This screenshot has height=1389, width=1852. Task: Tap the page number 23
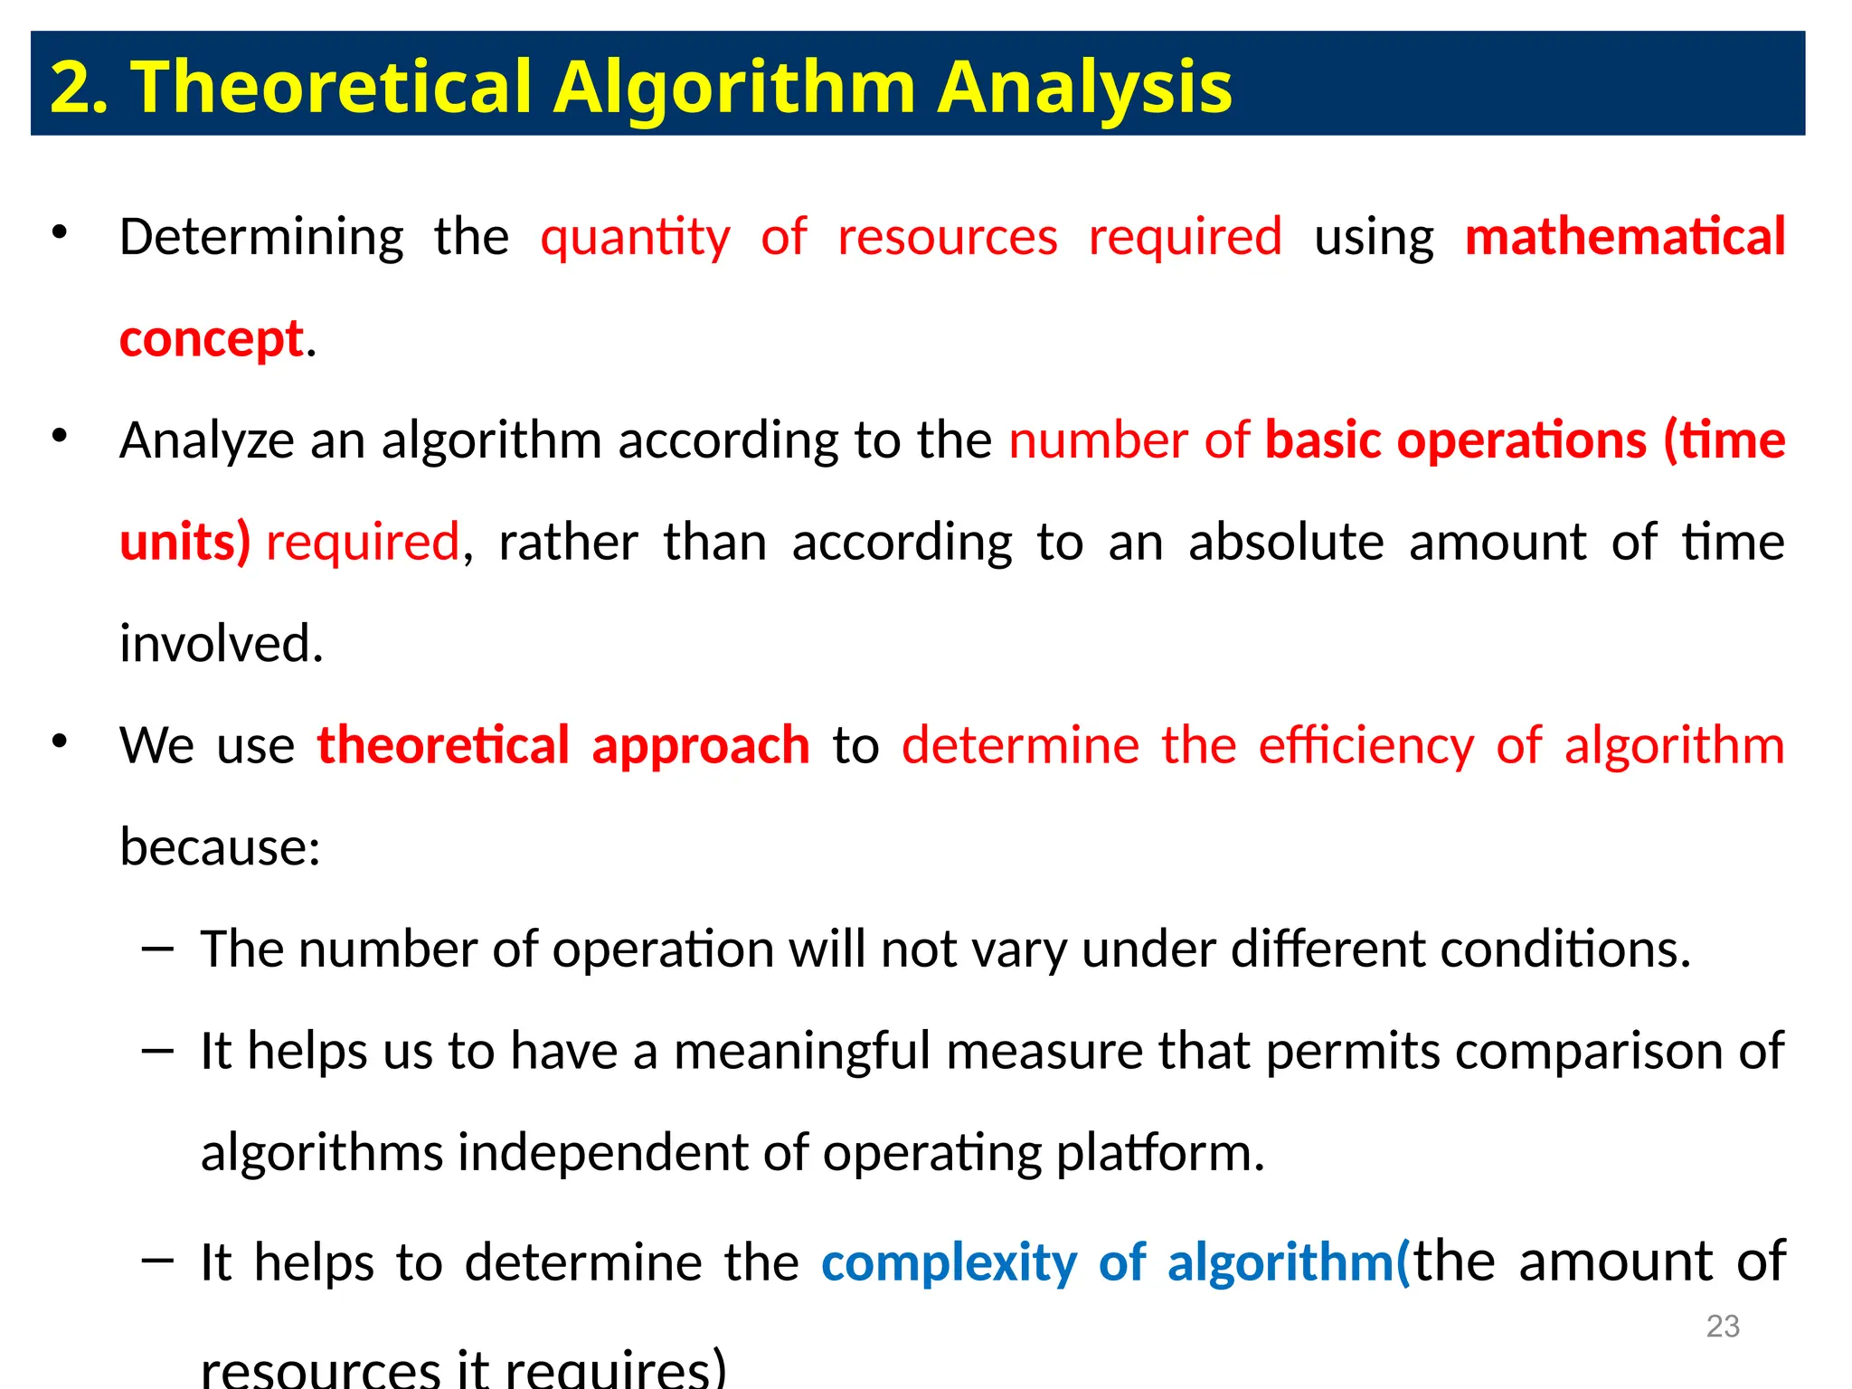point(1723,1326)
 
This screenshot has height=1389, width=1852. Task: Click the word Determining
point(261,238)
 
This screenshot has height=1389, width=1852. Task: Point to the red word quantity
point(635,238)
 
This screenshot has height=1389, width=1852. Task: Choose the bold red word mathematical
point(1625,237)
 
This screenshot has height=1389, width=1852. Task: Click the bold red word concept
point(211,340)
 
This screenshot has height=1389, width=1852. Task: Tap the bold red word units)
point(184,543)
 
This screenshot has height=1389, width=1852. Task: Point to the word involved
point(221,644)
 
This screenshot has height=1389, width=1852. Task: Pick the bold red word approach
point(701,745)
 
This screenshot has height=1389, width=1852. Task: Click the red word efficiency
point(1366,745)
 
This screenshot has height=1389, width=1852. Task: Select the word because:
point(220,847)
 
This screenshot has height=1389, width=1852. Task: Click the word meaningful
point(802,1051)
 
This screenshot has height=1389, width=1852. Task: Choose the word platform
point(1160,1153)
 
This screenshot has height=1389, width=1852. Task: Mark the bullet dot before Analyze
point(60,436)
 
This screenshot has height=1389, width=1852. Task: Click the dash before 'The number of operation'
point(157,948)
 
